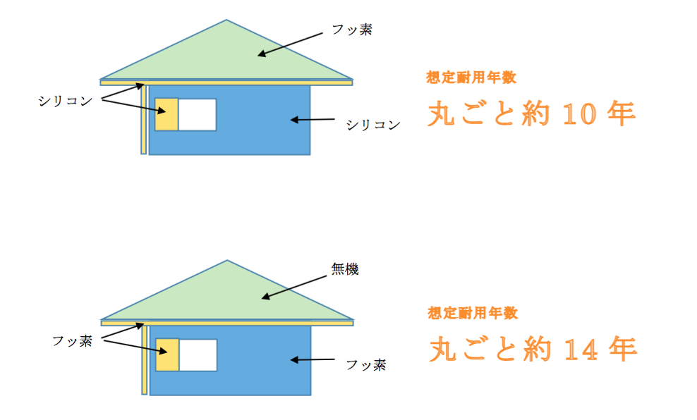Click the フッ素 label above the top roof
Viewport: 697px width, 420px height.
coord(352,30)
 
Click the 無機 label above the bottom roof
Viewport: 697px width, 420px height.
coord(345,269)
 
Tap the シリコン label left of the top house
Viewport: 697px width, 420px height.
coord(66,101)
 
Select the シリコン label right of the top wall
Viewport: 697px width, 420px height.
coord(373,125)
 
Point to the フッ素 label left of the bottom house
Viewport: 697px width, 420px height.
coord(73,341)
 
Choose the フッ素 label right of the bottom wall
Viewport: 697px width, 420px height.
coord(366,365)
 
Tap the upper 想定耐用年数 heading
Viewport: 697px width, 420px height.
coord(471,78)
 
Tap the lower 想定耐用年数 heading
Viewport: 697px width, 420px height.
coord(473,313)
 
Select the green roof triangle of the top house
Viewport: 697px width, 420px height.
coord(226,56)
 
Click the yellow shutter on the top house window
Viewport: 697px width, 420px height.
coord(166,115)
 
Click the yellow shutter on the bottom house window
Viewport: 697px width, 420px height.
coord(168,355)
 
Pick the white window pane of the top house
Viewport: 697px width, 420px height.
coord(198,115)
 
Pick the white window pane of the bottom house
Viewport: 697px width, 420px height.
coord(198,355)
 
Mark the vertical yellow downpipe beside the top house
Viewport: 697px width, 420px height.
coord(144,120)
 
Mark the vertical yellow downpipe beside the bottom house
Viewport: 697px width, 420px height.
coord(145,360)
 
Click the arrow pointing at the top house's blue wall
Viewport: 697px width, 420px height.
coord(313,119)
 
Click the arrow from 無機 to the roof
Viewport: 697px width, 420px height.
coord(293,288)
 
